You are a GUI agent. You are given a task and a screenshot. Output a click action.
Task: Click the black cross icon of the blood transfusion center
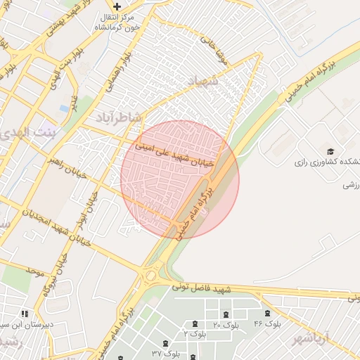click(x=117, y=6)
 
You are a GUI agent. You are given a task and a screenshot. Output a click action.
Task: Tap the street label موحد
click(x=34, y=271)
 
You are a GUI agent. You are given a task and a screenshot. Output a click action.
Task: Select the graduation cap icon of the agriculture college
click(x=330, y=150)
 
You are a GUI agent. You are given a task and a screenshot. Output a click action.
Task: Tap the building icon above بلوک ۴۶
click(x=266, y=313)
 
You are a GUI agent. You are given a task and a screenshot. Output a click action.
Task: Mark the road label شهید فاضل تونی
click(x=205, y=289)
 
